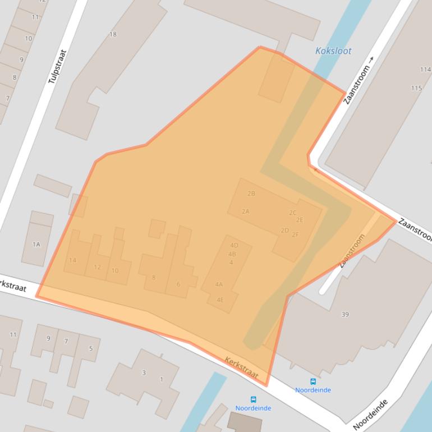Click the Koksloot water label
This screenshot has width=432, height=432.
(x=333, y=51)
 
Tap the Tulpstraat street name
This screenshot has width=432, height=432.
(x=57, y=67)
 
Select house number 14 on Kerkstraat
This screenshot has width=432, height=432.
(x=73, y=260)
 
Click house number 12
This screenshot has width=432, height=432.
(x=98, y=267)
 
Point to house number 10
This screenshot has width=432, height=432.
(x=115, y=270)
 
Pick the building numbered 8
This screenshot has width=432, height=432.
(x=154, y=277)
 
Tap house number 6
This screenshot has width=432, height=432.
(x=178, y=284)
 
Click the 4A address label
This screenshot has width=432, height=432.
(x=219, y=284)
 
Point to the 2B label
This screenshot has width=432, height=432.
(x=251, y=194)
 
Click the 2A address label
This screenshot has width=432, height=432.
(x=245, y=212)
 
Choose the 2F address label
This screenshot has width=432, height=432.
(x=295, y=235)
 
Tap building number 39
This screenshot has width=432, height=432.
(x=345, y=314)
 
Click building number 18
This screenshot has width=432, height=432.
(x=113, y=34)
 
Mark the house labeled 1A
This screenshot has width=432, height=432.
(x=36, y=244)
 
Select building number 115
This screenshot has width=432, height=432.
(x=416, y=88)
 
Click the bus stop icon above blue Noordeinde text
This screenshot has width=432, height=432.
(x=313, y=382)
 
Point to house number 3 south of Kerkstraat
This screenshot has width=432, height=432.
(x=144, y=373)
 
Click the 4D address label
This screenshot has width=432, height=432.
(x=234, y=245)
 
